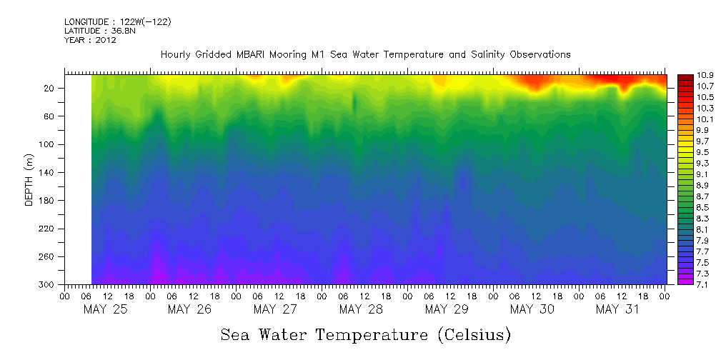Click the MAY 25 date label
[106, 309]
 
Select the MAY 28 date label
[362, 309]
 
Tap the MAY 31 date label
[617, 309]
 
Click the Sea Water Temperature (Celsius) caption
[365, 334]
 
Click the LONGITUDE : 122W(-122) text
[118, 22]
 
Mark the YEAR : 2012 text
[90, 40]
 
